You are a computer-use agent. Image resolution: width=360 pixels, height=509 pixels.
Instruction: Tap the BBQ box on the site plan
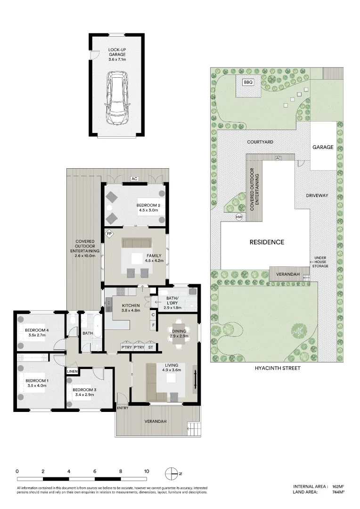pos(248,82)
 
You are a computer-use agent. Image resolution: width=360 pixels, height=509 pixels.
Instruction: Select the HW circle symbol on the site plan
pos(239,217)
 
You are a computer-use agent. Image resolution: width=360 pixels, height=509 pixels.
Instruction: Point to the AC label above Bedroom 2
pos(134,179)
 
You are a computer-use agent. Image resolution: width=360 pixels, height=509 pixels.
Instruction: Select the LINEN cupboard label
pos(72,371)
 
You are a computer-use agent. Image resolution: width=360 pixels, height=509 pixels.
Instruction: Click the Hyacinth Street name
pos(277,368)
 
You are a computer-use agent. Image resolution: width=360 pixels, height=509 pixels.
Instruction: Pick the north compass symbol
pos(171,473)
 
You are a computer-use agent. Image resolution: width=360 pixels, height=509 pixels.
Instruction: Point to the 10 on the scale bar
pos(147,471)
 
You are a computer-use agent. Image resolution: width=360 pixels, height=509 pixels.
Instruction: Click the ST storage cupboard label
pos(151,348)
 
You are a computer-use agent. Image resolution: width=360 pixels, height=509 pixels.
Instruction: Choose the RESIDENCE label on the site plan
pos(267,242)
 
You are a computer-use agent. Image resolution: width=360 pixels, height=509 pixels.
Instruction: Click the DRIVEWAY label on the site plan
pos(316,195)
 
